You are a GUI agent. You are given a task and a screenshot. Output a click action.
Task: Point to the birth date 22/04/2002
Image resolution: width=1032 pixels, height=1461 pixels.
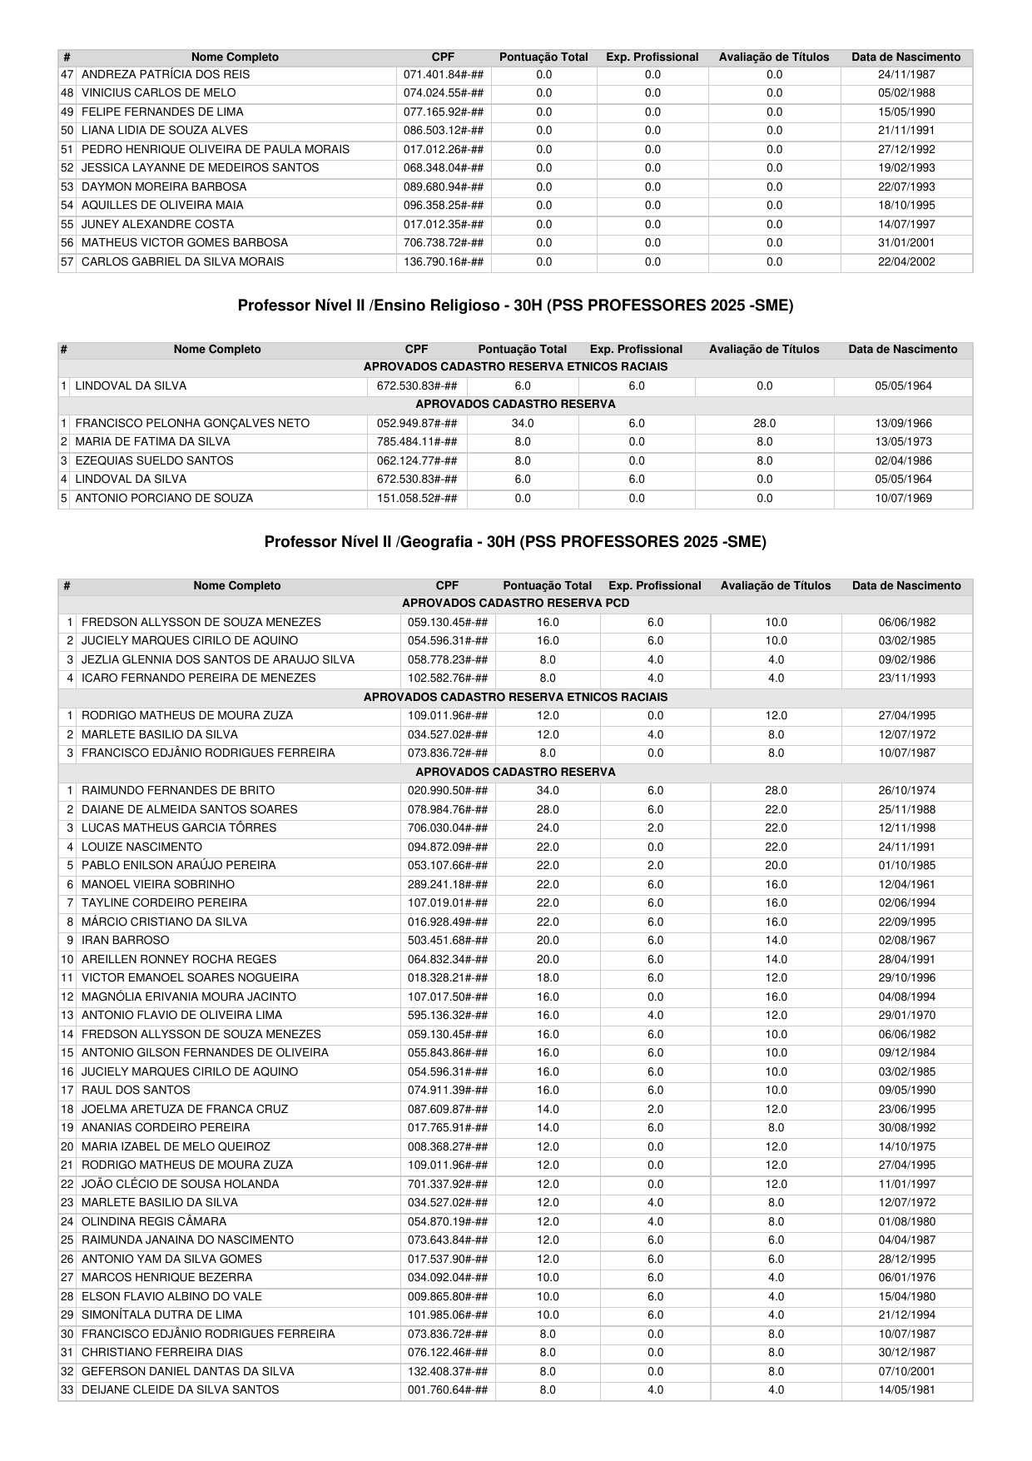(x=906, y=262)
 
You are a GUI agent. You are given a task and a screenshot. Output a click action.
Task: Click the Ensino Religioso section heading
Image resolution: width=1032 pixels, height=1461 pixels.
(x=515, y=306)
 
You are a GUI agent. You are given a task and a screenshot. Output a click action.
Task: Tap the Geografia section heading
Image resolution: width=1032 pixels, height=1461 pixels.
(x=515, y=542)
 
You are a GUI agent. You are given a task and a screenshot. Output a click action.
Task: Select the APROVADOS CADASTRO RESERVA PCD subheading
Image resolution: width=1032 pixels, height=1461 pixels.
(x=515, y=604)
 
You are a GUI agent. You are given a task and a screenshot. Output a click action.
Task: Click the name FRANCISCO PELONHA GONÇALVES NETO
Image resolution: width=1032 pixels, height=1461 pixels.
(x=192, y=424)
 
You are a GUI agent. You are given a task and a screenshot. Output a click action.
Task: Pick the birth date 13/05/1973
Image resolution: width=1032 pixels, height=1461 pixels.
(x=903, y=442)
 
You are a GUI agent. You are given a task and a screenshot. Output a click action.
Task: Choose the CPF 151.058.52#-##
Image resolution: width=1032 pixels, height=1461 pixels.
(x=417, y=499)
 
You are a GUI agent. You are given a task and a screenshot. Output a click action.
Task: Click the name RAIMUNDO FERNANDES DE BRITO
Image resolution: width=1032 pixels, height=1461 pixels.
(x=178, y=791)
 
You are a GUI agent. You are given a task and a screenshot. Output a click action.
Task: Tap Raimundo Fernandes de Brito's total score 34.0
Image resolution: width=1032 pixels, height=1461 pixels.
(x=548, y=791)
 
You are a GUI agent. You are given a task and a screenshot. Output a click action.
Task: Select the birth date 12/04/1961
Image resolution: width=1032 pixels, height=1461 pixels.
(x=906, y=885)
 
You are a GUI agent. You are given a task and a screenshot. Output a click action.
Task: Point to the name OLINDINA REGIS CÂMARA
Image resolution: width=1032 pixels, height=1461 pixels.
(x=154, y=1222)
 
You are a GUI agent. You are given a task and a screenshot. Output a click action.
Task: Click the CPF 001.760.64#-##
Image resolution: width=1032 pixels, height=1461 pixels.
(x=448, y=1390)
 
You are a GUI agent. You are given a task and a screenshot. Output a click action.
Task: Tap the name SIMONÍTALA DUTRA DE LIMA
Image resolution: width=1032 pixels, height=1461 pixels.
(x=162, y=1315)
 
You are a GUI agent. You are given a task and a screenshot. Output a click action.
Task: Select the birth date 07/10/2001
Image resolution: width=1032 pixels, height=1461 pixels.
(x=906, y=1372)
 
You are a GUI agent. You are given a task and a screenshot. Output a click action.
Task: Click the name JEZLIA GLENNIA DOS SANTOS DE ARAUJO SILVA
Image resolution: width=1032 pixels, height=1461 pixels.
(x=218, y=660)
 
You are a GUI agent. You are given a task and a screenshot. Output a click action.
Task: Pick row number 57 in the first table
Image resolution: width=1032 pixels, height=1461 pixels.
(x=67, y=262)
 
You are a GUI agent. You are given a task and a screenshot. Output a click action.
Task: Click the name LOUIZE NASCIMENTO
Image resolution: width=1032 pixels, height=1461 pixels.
(x=141, y=847)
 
